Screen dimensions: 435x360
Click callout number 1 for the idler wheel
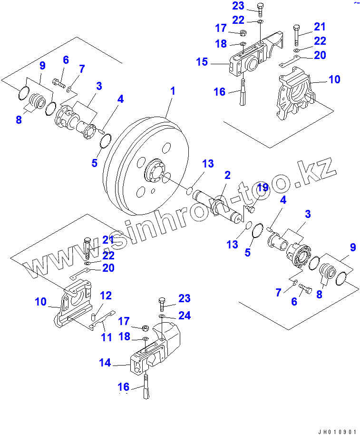(x=173, y=91)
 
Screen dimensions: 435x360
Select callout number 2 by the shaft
(x=227, y=175)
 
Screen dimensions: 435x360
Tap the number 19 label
(x=263, y=188)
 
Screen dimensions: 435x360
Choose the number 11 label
(x=107, y=337)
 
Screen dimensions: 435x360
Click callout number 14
(x=105, y=363)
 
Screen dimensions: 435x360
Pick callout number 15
(x=202, y=62)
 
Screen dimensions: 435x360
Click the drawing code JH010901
(x=337, y=431)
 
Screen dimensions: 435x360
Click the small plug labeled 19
(x=252, y=208)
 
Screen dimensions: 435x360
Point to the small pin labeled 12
(x=94, y=316)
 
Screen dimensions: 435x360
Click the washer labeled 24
(x=162, y=316)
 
